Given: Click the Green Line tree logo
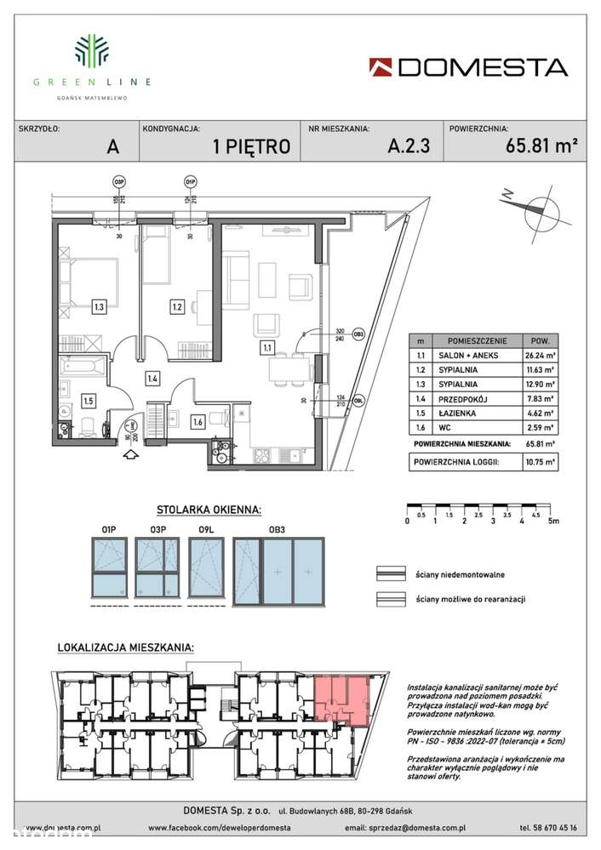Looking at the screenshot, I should tap(92, 51).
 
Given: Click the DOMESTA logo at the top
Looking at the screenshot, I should tap(468, 67).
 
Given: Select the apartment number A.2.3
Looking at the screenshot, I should tap(409, 145).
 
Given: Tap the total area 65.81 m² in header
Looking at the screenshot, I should tap(535, 145).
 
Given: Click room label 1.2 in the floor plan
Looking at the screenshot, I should tap(177, 306).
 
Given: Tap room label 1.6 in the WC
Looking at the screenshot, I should tap(197, 419).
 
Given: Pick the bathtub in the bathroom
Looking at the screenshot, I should tap(83, 370).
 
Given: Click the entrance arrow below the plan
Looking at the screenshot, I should tap(129, 454).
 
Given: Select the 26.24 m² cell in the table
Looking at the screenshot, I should tap(541, 357).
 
